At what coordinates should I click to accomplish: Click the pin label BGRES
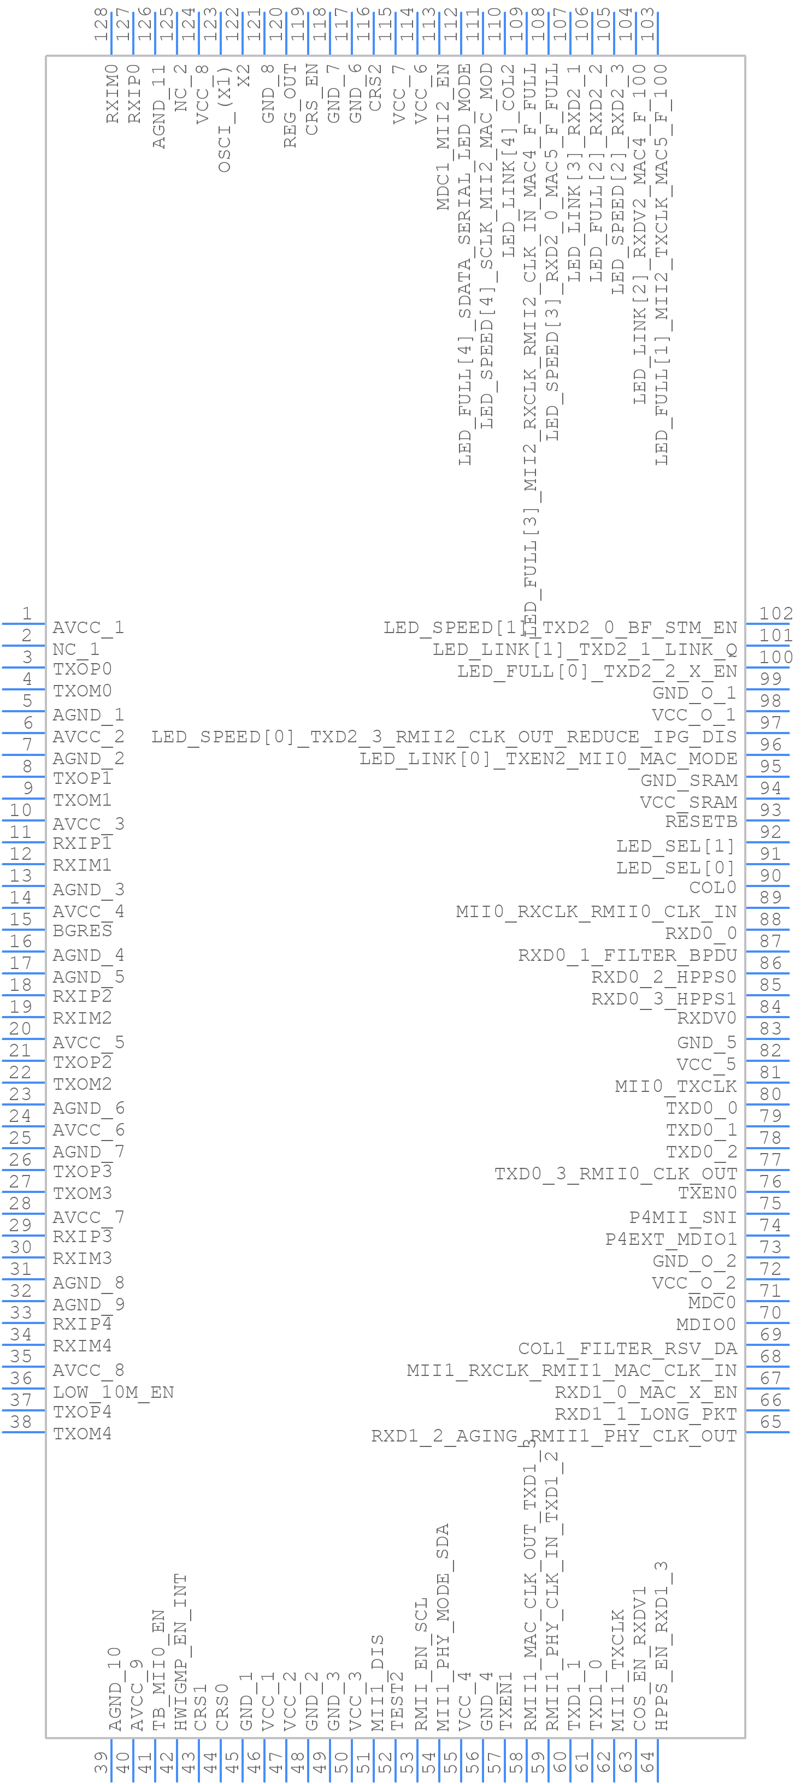click(x=82, y=931)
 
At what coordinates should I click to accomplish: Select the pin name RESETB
click(x=700, y=822)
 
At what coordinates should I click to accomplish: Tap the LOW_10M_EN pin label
click(x=113, y=1392)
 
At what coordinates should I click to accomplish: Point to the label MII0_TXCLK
click(x=675, y=1086)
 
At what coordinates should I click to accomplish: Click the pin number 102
click(x=775, y=613)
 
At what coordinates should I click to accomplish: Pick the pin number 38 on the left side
click(x=21, y=1422)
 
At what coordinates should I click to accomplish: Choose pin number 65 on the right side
click(x=770, y=1422)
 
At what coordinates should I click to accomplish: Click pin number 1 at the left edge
click(x=26, y=613)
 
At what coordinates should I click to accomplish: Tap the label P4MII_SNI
click(x=682, y=1217)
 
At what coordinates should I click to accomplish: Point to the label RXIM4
click(x=82, y=1345)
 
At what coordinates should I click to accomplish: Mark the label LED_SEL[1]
click(x=675, y=846)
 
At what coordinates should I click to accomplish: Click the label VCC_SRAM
click(x=688, y=802)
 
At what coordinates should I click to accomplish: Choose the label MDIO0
click(x=705, y=1324)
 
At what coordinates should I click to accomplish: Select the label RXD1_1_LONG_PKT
click(x=645, y=1414)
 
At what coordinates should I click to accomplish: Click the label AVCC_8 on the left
click(x=88, y=1370)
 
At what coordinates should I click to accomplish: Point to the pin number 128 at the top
click(x=101, y=24)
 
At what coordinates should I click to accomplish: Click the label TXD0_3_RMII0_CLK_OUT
click(x=615, y=1173)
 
